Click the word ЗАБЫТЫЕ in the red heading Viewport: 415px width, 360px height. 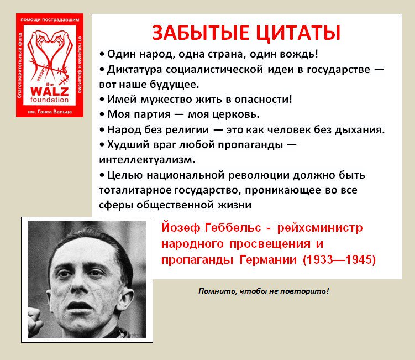tap(201, 33)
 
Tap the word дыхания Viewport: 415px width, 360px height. tap(358, 130)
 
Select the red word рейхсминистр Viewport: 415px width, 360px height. tap(320, 228)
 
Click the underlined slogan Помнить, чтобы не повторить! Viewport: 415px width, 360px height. tap(264, 291)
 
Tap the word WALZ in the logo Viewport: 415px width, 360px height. tap(50, 92)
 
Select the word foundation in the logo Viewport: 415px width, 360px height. tap(50, 100)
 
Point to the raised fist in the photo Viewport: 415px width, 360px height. tap(35, 322)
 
